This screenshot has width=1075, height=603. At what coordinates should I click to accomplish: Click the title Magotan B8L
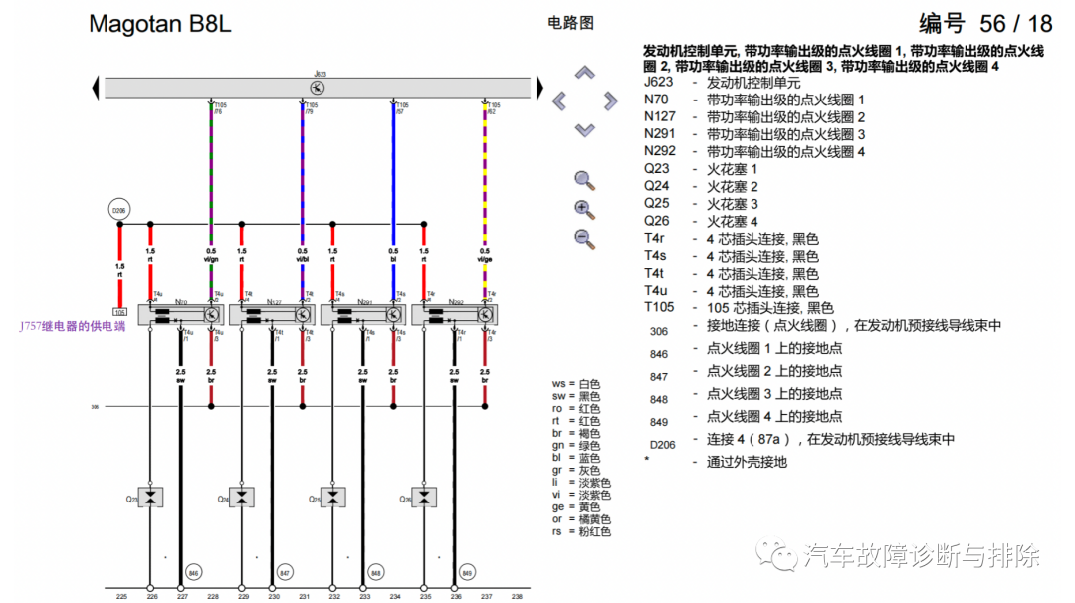click(159, 24)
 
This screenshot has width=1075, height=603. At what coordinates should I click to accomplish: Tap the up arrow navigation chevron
click(585, 73)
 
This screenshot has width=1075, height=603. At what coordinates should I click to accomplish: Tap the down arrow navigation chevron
click(585, 129)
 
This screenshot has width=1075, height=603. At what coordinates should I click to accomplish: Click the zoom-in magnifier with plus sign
click(584, 209)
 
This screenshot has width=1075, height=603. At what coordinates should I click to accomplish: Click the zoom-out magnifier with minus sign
click(584, 238)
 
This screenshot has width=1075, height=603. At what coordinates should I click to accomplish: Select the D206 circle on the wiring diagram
click(119, 211)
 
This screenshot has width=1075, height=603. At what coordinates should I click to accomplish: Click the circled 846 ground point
click(193, 572)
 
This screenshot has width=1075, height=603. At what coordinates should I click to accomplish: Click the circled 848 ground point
click(375, 572)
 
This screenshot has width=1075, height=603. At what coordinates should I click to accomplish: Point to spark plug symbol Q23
click(150, 497)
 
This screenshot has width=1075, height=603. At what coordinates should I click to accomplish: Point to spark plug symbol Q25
click(333, 497)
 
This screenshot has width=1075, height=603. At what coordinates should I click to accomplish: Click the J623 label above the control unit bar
click(320, 74)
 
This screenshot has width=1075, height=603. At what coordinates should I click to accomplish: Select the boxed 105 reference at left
click(119, 312)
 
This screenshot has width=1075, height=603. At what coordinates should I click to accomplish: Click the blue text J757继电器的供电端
click(73, 325)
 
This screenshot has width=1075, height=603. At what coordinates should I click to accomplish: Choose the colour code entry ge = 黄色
click(582, 506)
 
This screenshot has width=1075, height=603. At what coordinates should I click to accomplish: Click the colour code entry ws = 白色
click(582, 384)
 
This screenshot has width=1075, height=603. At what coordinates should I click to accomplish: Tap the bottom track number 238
click(516, 596)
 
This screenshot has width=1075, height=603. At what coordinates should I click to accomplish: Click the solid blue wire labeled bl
click(394, 179)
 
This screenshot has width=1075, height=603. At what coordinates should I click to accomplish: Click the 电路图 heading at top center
click(570, 22)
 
